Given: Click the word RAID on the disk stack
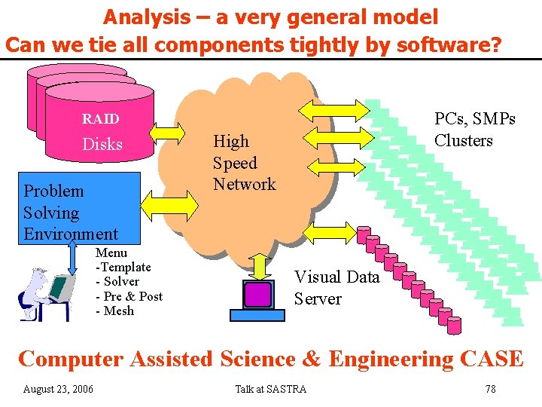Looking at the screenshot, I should pyautogui.click(x=100, y=119).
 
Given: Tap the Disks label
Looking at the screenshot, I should pyautogui.click(x=102, y=145).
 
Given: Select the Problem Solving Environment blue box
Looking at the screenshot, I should pyautogui.click(x=71, y=208).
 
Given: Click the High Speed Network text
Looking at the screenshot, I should pyautogui.click(x=244, y=163).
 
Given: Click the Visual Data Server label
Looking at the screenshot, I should pyautogui.click(x=336, y=288).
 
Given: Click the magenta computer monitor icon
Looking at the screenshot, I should pyautogui.click(x=257, y=294).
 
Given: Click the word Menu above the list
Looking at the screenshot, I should pyautogui.click(x=111, y=252).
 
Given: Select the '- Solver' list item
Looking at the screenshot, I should pyautogui.click(x=117, y=281).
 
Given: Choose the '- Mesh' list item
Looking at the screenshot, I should pyautogui.click(x=114, y=311).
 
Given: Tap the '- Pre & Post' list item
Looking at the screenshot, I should pyautogui.click(x=129, y=296).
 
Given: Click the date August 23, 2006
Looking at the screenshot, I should pyautogui.click(x=59, y=389).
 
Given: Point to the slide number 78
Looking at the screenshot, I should pyautogui.click(x=490, y=389).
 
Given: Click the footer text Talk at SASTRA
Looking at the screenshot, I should pyautogui.click(x=271, y=389).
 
